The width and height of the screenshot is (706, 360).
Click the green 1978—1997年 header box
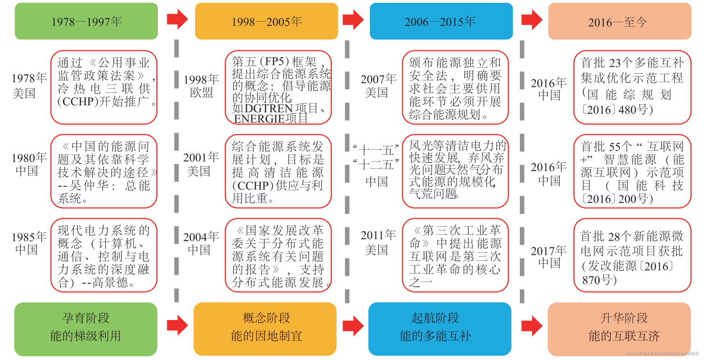[86, 21]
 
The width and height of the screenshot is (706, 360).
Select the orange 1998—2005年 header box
[266, 21]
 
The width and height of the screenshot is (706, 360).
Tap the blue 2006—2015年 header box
[441, 21]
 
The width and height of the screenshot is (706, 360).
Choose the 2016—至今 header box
[620, 22]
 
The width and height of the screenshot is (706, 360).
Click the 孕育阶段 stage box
[86, 329]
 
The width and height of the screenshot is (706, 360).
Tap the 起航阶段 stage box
[440, 329]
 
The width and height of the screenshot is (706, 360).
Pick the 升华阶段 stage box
[620, 329]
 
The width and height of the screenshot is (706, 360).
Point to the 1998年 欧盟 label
[201, 86]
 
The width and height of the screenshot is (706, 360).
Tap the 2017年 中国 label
[549, 257]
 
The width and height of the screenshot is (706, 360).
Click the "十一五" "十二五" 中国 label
[377, 165]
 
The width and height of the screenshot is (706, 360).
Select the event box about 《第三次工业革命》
[455, 255]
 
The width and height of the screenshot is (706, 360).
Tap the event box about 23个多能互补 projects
[632, 87]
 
